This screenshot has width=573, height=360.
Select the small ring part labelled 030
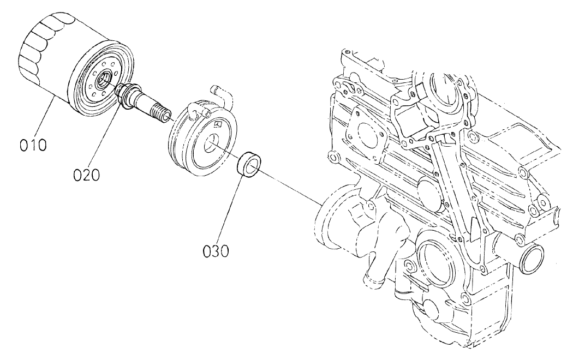click(x=250, y=164)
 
